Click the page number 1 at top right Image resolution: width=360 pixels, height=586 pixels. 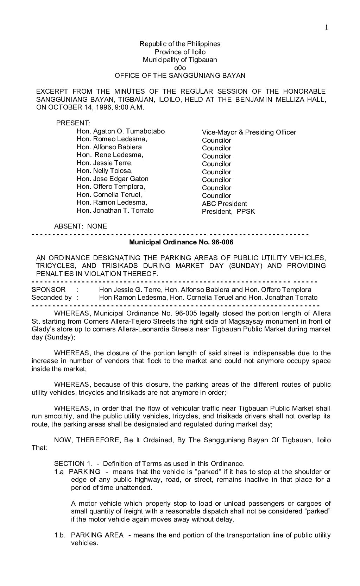[326, 27]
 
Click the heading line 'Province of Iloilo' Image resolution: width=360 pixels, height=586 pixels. [180, 52]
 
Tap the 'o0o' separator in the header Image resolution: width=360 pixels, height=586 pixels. [180, 68]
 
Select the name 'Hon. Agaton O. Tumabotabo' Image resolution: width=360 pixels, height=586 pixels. [120, 131]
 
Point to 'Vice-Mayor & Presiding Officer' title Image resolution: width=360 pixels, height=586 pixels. [249, 132]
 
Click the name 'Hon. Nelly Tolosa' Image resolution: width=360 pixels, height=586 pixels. [105, 171]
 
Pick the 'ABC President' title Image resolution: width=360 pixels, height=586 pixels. [224, 204]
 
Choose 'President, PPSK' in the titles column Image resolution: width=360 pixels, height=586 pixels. [228, 212]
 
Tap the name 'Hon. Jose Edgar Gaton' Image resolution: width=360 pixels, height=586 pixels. [112, 179]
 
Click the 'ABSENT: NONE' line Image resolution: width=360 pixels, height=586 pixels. [80, 226]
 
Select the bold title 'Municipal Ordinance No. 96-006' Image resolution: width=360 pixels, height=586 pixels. [181, 242]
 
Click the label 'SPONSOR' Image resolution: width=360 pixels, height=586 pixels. [49, 290]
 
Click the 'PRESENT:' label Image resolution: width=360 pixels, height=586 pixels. [73, 123]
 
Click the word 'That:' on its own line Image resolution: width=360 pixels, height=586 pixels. [39, 448]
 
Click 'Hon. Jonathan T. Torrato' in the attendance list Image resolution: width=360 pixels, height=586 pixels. [115, 211]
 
